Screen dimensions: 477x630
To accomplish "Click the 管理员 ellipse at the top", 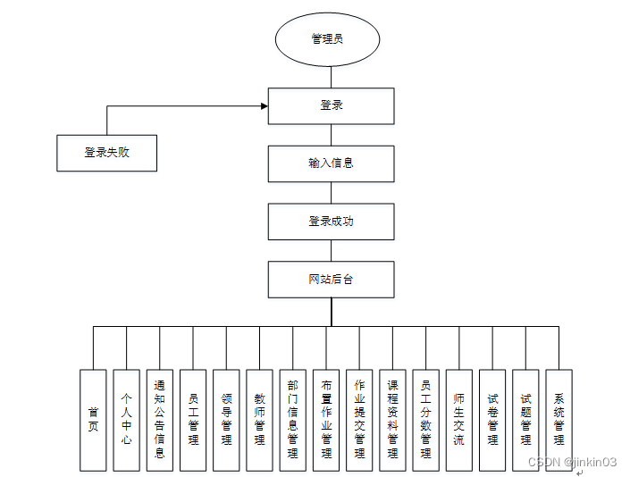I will tap(328, 39).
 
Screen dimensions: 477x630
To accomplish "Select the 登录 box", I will tap(332, 105).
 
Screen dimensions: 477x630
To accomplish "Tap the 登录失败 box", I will tap(107, 153).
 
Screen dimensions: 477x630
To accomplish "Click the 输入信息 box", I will tap(332, 163).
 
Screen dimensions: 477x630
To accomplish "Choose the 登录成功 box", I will tap(332, 222).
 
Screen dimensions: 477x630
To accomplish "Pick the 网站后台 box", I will tap(332, 280).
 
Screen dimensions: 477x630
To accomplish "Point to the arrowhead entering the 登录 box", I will tap(264, 106).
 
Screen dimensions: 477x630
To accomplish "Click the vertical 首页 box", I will tap(93, 420).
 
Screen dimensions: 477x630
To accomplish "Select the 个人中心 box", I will tap(126, 420).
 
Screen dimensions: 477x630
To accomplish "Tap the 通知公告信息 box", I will tap(159, 420).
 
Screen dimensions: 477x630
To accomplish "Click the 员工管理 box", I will tap(193, 420).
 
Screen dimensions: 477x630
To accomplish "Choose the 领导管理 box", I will tap(226, 420).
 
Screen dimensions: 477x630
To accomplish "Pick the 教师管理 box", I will tap(259, 420).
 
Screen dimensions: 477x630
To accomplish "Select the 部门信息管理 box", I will tap(292, 420).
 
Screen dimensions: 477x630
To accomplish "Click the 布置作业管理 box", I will tap(326, 420).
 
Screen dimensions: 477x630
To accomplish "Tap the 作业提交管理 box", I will tap(359, 420).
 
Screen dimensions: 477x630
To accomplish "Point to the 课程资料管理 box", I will tap(392, 420).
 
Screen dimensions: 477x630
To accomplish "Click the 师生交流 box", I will tap(459, 420).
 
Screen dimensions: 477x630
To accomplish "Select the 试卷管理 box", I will tap(492, 420).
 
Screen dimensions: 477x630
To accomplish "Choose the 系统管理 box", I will tap(559, 420).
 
